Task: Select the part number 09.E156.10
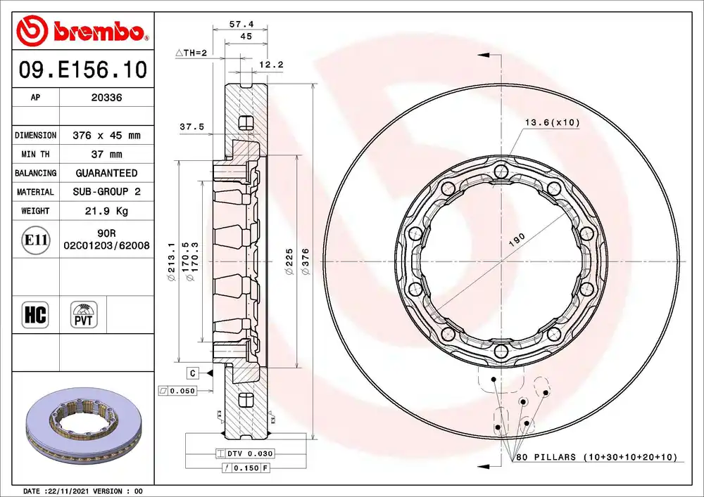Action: click(x=83, y=70)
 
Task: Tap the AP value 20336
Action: click(x=106, y=97)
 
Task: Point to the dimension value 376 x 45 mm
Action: click(x=106, y=136)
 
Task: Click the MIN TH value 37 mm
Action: click(x=106, y=154)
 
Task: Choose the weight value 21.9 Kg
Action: click(x=106, y=211)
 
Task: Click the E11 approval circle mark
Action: click(x=35, y=240)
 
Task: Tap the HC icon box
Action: click(x=35, y=315)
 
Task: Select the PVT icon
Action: click(x=84, y=315)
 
